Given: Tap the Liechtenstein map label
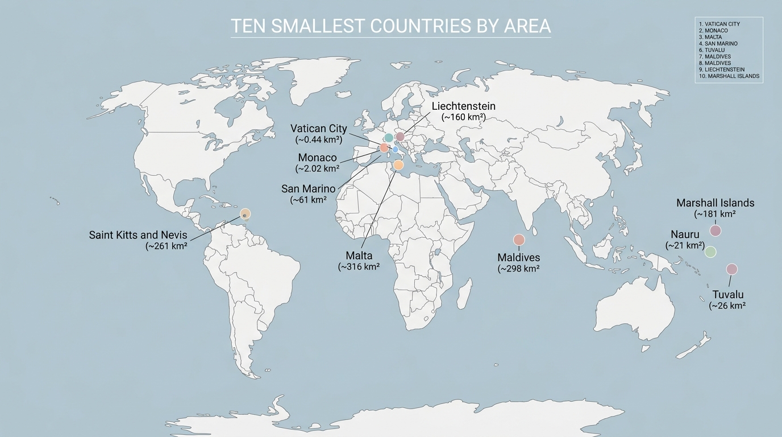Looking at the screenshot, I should tap(463, 106).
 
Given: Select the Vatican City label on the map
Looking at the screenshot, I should tap(318, 129).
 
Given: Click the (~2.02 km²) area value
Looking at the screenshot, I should tap(318, 168).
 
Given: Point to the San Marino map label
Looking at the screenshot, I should tap(309, 188).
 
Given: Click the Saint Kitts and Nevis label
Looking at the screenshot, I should tap(138, 234).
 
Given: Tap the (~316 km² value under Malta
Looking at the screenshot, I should tap(359, 266).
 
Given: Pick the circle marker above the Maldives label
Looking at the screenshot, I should tap(519, 240).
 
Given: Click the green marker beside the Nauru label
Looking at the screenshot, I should tap(710, 252).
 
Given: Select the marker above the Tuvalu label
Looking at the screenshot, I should tap(732, 269).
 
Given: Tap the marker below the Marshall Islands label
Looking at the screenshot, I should tap(716, 230).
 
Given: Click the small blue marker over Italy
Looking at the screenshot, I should tap(395, 149).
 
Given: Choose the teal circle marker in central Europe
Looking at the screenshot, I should tap(389, 138).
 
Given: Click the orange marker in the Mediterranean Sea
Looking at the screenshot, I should tap(398, 165).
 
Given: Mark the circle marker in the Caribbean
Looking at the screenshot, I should tap(245, 214).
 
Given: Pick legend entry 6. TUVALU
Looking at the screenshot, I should tap(712, 50).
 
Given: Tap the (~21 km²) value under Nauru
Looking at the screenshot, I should tap(685, 245).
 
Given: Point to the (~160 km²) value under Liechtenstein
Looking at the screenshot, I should tap(463, 117).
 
